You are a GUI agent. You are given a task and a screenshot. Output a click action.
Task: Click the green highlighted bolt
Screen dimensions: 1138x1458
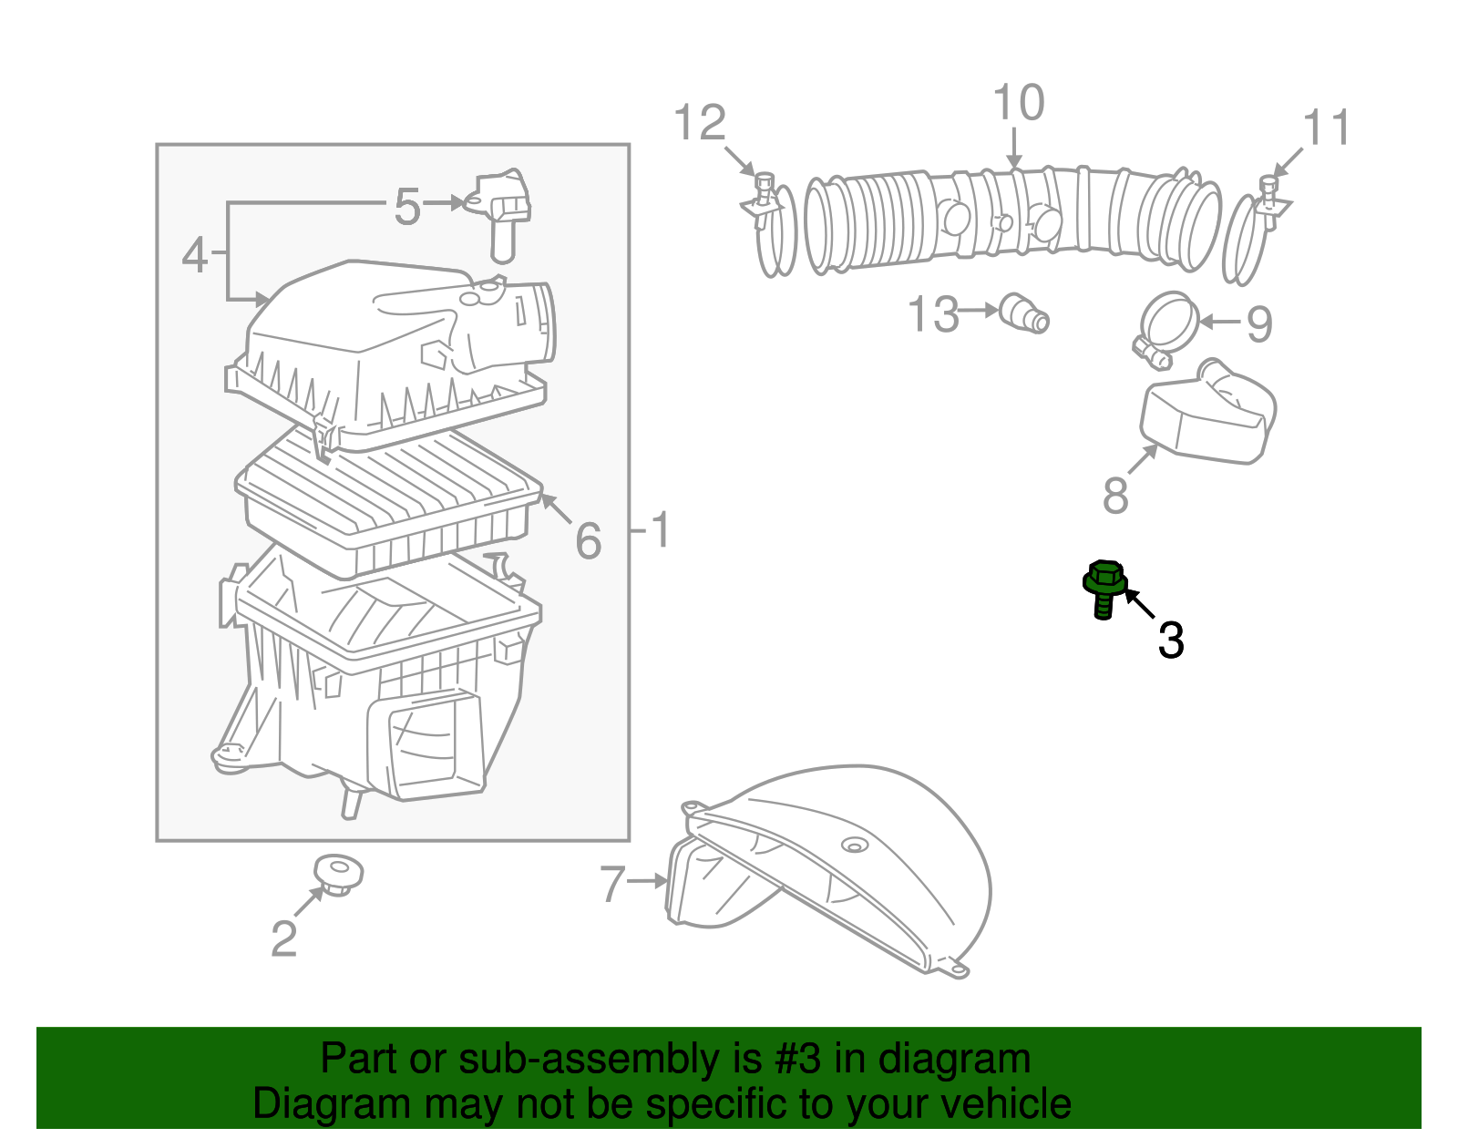[1104, 588]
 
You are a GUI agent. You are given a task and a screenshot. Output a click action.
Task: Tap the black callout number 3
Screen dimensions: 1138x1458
[1170, 640]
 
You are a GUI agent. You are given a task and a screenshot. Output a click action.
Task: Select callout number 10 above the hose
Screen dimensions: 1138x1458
[1018, 103]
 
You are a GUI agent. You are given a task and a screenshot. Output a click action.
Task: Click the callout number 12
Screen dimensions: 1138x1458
[700, 123]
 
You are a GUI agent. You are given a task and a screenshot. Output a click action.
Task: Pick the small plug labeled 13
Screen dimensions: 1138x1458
[1025, 313]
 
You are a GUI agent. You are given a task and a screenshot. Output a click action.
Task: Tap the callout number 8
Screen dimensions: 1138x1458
[1115, 496]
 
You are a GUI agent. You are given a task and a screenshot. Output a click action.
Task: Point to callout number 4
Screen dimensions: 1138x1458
[195, 255]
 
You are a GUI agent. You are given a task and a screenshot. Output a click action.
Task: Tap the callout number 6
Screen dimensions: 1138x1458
[589, 540]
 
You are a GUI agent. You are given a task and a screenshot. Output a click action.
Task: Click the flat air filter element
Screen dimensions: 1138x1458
[387, 501]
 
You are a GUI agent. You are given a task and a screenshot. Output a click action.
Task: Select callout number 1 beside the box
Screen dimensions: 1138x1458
[660, 529]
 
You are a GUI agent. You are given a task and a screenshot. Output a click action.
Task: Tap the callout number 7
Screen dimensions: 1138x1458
[612, 883]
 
